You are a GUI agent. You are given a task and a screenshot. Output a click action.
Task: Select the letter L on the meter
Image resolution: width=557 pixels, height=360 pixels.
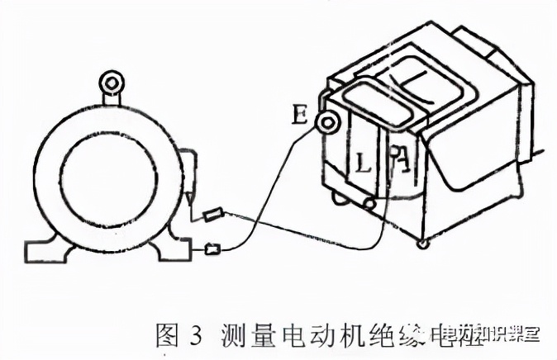pyautogui.click(x=363, y=162)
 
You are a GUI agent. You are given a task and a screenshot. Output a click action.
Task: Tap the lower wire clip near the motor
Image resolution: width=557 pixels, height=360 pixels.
pyautogui.click(x=213, y=247)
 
